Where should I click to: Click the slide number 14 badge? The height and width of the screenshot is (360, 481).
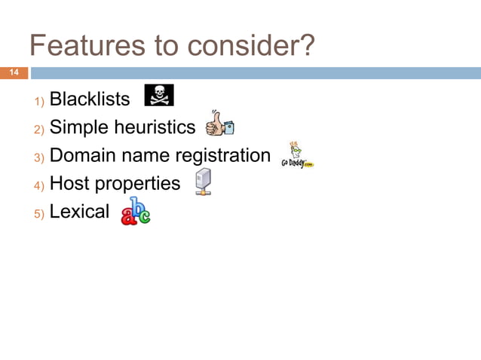pos(14,73)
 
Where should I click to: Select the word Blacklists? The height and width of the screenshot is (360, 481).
pos(90,99)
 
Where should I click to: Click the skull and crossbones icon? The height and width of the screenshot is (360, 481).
pos(158,96)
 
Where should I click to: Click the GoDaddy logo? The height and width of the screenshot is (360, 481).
pos(296,157)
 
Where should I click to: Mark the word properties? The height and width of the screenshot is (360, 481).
pos(138,185)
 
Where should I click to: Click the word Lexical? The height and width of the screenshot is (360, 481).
pos(79,212)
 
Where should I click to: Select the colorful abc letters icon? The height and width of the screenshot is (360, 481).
pos(135,212)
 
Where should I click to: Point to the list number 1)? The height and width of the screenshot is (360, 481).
pos(39,101)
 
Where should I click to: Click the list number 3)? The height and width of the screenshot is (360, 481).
pos(39,157)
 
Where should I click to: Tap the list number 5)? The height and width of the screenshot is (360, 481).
pos(39,213)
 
